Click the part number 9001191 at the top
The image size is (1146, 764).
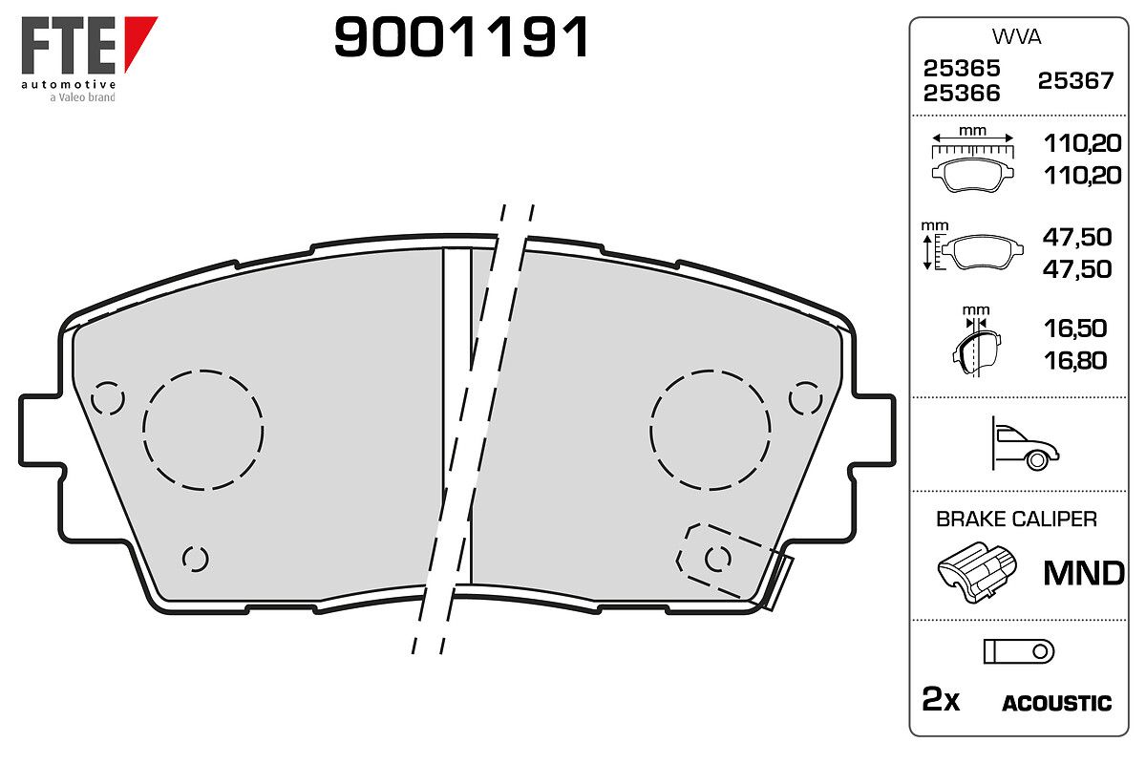coord(461,37)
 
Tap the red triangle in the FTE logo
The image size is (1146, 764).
coord(138,37)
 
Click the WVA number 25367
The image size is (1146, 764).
coord(1075,81)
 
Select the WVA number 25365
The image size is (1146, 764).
coord(962,68)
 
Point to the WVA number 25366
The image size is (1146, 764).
coord(962,94)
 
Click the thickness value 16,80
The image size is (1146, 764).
coord(1075,361)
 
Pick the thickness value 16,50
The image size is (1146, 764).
coord(1075,329)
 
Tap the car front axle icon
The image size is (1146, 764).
coord(1025,443)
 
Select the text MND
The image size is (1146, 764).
coord(1084,573)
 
